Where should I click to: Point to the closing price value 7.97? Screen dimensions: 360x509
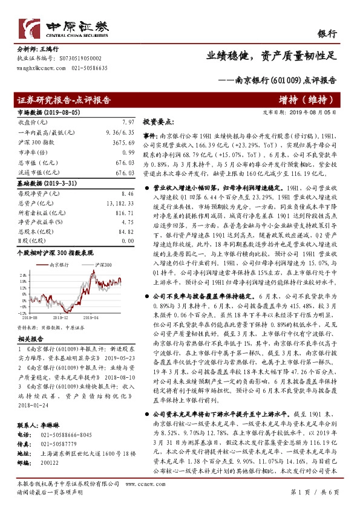[x=126, y=122]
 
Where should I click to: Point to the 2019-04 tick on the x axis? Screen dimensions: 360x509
[x=91, y=316]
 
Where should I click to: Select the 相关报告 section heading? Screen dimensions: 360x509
[x=29, y=339]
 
